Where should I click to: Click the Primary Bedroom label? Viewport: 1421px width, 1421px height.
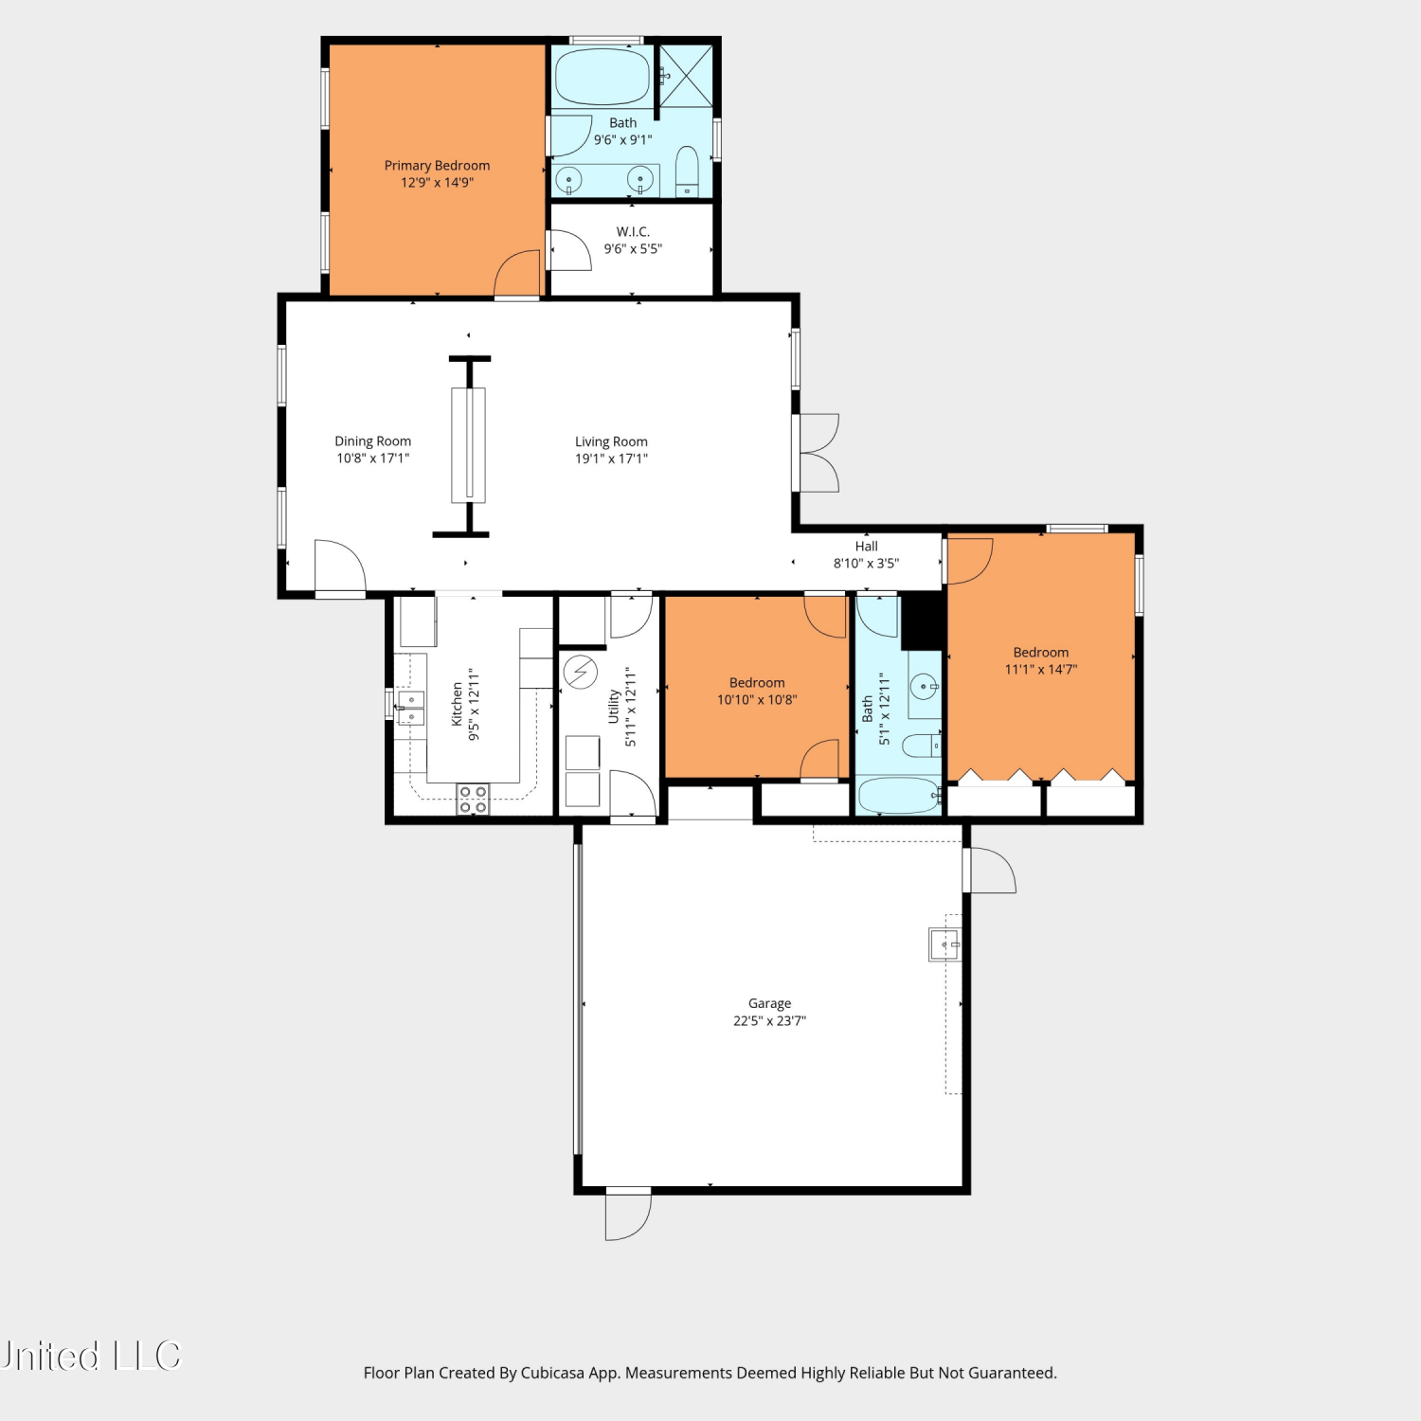point(437,166)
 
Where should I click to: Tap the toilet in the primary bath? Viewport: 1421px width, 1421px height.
point(687,171)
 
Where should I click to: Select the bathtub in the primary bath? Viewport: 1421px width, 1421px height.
point(603,77)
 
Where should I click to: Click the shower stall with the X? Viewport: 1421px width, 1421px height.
point(686,75)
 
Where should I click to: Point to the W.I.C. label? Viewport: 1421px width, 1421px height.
point(633,232)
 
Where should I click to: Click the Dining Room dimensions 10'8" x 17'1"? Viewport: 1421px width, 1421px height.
point(373,459)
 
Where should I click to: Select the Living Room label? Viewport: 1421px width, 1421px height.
point(611,441)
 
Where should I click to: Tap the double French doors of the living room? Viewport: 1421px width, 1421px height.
point(819,453)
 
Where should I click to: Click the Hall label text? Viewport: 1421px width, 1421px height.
point(866,547)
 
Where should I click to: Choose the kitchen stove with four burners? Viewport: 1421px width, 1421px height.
point(473,799)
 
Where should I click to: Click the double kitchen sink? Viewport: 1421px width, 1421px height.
point(410,708)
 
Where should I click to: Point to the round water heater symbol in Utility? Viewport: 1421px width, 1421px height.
point(581,673)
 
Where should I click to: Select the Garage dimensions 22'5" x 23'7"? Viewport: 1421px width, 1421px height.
point(769,1021)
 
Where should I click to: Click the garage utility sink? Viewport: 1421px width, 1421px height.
point(944,944)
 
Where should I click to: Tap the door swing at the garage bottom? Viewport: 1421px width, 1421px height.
point(628,1214)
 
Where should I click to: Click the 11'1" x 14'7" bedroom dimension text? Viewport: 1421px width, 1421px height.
point(1041,670)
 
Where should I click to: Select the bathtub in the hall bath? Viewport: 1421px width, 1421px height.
point(899,796)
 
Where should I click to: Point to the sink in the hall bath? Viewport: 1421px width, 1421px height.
point(924,686)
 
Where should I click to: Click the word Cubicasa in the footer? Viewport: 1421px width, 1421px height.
point(552,1373)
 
